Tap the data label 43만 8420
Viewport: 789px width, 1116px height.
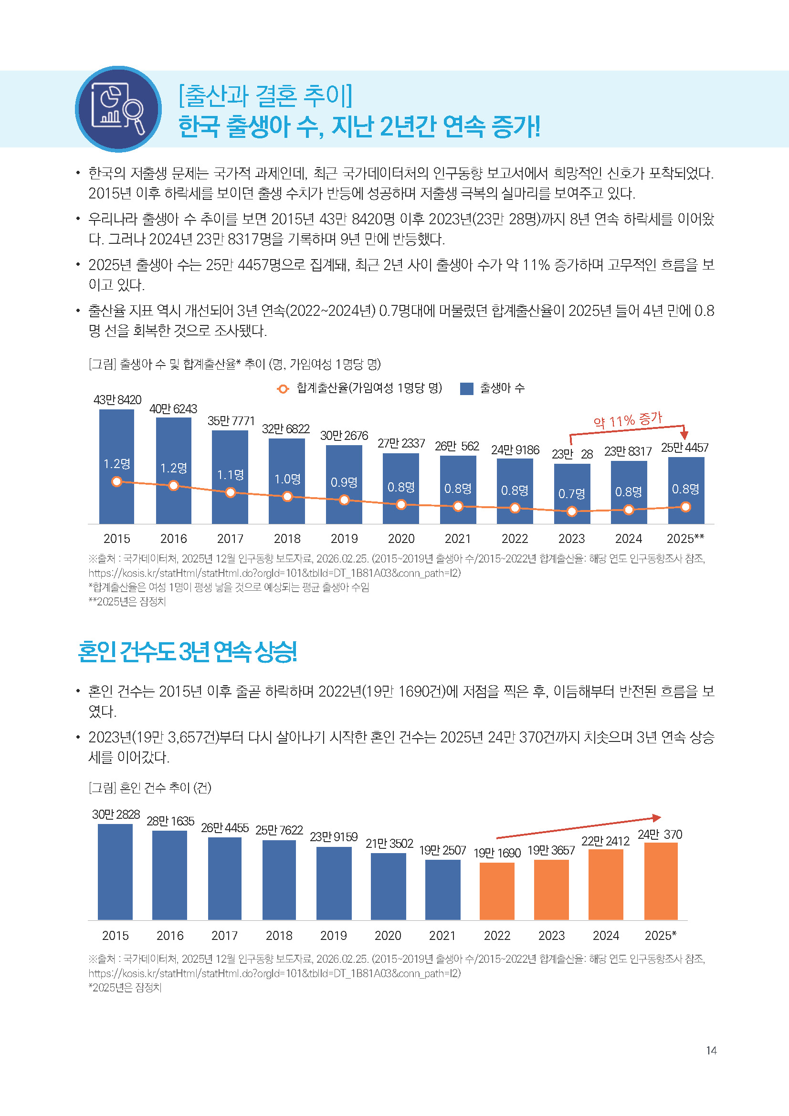117,399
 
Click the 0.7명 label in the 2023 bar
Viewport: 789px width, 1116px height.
572,494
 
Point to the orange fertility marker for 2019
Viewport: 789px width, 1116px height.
344,500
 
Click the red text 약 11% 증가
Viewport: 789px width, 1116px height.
628,420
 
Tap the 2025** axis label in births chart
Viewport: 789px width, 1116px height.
685,539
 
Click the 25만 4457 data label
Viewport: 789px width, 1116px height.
684,448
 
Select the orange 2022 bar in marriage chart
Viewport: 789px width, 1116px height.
497,890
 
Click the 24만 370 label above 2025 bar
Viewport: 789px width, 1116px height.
660,834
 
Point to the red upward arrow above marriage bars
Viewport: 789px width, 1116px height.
579,828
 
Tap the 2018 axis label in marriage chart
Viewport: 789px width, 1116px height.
279,935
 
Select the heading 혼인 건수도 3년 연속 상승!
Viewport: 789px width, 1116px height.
187,652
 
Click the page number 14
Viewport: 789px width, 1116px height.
711,1050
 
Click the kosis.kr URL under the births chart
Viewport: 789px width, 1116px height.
274,573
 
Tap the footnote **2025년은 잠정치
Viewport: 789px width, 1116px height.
127,602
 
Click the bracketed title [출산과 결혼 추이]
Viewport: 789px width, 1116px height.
266,95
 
